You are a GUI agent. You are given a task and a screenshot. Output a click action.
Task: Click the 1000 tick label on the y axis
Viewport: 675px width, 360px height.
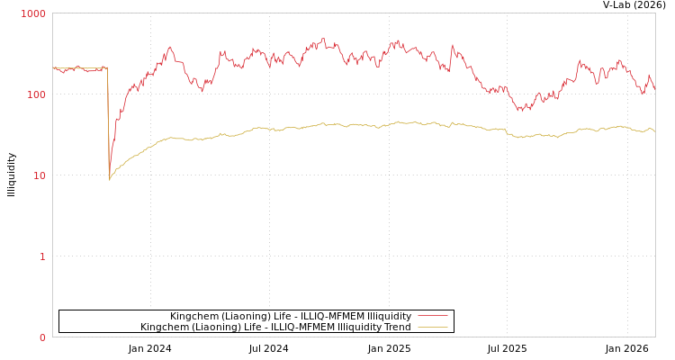(x=33, y=13)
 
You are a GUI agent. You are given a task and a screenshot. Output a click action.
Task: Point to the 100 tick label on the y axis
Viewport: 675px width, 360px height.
(x=36, y=94)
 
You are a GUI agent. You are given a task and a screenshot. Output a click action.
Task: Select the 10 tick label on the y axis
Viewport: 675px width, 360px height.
(x=39, y=175)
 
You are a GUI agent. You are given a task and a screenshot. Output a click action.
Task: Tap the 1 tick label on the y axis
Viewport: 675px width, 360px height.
(x=41, y=256)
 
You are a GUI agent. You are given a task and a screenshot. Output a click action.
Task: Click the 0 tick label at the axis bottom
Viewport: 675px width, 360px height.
(x=41, y=337)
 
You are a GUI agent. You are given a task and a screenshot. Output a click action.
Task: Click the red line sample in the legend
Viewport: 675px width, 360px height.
(x=432, y=316)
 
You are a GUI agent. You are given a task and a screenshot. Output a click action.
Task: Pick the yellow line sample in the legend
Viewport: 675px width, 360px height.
(x=432, y=327)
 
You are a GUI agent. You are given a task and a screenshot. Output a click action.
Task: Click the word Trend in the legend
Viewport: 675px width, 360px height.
(x=396, y=327)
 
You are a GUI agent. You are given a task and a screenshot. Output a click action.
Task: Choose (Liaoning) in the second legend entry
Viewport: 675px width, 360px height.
(x=211, y=327)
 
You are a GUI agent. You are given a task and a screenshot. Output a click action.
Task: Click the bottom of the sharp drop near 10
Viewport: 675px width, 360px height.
(x=110, y=179)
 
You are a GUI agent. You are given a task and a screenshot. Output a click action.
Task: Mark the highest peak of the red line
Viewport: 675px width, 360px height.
(x=323, y=39)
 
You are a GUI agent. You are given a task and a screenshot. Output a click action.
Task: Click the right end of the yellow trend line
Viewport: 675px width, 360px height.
(x=654, y=131)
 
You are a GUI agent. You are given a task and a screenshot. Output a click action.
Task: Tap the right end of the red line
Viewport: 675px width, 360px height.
(x=654, y=90)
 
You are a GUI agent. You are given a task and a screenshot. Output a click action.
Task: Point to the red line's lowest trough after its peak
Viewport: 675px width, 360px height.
(x=523, y=111)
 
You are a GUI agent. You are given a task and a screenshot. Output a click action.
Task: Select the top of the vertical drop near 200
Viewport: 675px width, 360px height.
(x=107, y=67)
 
